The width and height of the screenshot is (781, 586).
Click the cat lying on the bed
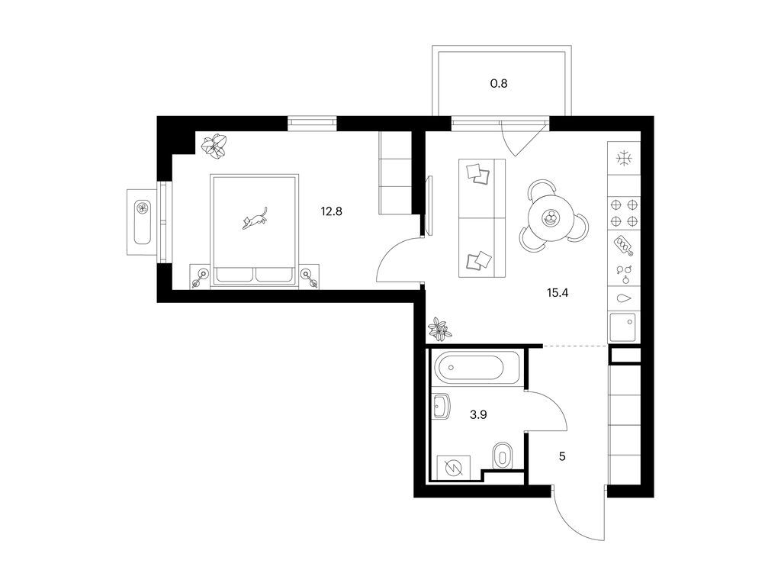(256, 219)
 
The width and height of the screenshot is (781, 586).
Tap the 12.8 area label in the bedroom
(331, 211)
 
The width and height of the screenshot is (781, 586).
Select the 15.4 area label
(558, 292)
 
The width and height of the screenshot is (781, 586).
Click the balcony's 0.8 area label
(499, 83)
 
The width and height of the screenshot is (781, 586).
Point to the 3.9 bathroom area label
(478, 414)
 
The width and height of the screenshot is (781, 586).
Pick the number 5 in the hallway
(562, 456)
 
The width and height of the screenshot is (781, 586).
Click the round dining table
(551, 217)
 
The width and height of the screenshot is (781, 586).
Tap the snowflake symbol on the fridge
(624, 159)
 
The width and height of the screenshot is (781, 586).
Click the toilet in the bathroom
(501, 455)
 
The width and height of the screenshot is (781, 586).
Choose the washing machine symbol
(453, 468)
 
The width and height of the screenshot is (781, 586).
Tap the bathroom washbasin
(442, 406)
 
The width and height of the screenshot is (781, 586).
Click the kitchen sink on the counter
(622, 327)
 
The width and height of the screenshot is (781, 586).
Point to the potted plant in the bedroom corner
(214, 146)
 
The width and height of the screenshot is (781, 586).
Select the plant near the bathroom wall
(439, 329)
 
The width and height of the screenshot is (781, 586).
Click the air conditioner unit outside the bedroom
(143, 222)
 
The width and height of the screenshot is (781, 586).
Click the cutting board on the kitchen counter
(624, 245)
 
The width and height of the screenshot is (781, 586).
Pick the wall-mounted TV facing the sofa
(429, 205)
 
